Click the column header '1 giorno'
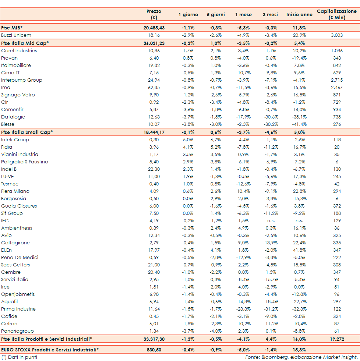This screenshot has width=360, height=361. pyautogui.click(x=188, y=15)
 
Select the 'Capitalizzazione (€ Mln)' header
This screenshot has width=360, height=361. pyautogui.click(x=336, y=14)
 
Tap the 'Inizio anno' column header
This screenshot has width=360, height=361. pyautogui.click(x=299, y=15)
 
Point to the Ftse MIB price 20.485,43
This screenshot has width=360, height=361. pyautogui.click(x=154, y=28)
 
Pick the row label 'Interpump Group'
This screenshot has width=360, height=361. pyautogui.click(x=22, y=80)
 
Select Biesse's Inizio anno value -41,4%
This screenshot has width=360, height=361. pyautogui.click(x=299, y=124)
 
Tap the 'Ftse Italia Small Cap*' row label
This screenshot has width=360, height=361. pyautogui.click(x=27, y=132)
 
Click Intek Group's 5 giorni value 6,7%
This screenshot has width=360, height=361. pyautogui.click(x=216, y=139)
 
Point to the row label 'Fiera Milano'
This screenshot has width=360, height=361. pyautogui.click(x=15, y=191)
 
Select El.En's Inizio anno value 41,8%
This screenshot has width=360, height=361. pyautogui.click(x=299, y=250)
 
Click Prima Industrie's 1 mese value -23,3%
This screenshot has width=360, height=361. pyautogui.click(x=243, y=309)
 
